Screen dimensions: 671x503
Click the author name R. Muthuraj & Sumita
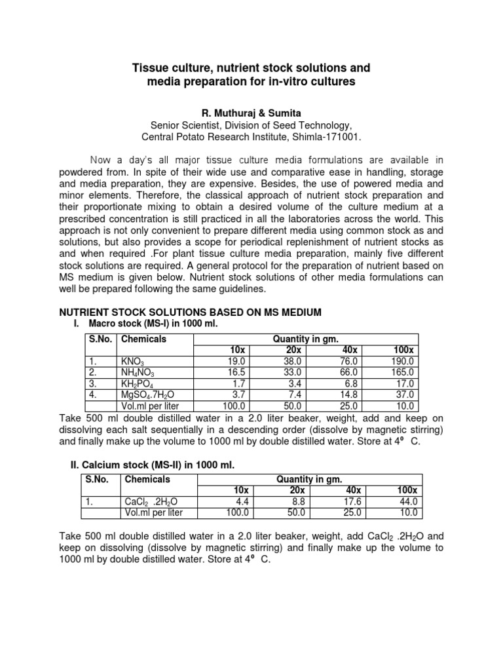251,113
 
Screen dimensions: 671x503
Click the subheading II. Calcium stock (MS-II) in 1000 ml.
152,465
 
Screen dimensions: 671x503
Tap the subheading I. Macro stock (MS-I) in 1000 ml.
150,323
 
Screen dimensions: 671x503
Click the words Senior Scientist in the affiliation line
187,125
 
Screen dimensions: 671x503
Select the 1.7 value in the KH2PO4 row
238,383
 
